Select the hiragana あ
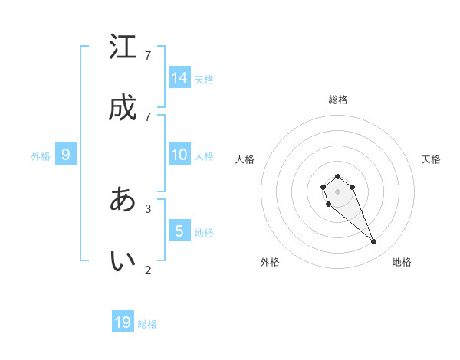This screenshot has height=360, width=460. point(123,199)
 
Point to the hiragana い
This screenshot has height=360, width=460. point(123,261)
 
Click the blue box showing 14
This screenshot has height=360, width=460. point(179,77)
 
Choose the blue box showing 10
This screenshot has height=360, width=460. point(179,154)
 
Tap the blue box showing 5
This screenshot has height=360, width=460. point(179,231)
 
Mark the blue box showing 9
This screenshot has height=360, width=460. point(66,154)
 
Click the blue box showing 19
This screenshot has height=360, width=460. point(123,322)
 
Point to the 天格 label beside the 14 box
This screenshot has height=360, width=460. point(204,79)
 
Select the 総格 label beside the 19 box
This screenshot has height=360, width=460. point(147,324)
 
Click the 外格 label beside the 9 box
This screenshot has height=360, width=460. point(41,155)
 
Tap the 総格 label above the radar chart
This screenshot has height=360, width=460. point(337,100)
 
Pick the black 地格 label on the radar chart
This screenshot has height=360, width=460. point(402,262)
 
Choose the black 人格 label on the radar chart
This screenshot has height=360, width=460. point(245,159)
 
